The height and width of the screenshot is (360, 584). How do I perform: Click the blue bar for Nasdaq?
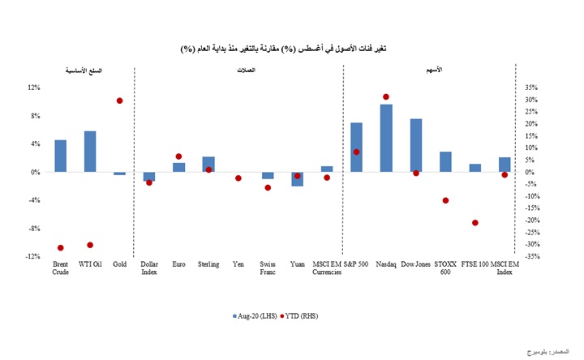[386, 138]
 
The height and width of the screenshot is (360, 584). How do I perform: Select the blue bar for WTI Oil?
[90, 152]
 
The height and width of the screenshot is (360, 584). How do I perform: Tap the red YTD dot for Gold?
[120, 101]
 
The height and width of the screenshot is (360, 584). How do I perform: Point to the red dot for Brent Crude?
[61, 247]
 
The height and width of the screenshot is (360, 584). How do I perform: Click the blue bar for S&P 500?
[356, 148]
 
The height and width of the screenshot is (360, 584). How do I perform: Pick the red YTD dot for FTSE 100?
[475, 223]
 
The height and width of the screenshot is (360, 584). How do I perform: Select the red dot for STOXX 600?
[445, 200]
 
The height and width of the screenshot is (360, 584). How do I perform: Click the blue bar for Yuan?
[297, 179]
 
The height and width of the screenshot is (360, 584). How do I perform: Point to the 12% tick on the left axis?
[34, 88]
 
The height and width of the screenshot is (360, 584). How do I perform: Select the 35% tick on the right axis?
[532, 88]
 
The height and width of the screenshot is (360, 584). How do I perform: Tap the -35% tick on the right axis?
[533, 256]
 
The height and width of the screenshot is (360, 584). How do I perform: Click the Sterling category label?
[208, 264]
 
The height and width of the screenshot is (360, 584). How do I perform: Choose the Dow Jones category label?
[416, 264]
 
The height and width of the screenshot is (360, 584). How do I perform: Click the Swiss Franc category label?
[268, 268]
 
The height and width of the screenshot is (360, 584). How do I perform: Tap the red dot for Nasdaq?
[386, 96]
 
